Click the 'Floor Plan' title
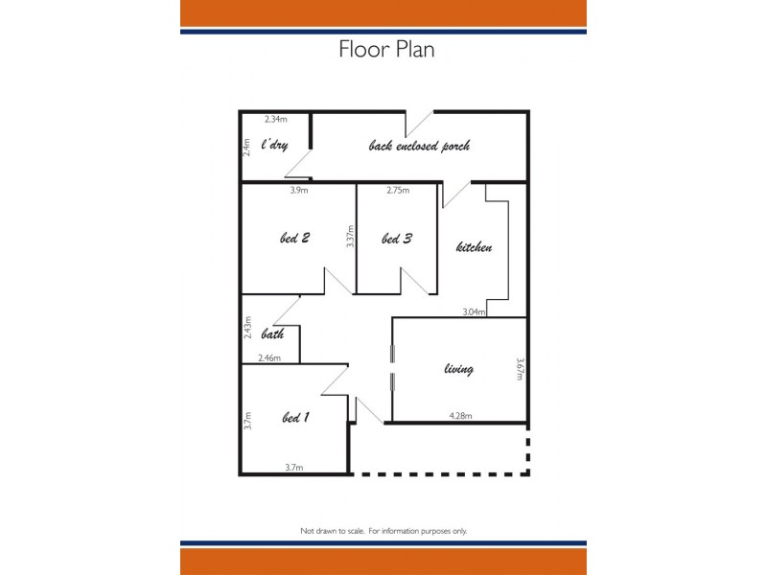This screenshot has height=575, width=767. pyautogui.click(x=386, y=50)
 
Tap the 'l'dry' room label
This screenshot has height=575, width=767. pyautogui.click(x=274, y=147)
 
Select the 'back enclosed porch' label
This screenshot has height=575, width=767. pyautogui.click(x=419, y=147)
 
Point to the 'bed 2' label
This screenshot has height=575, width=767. pyautogui.click(x=294, y=239)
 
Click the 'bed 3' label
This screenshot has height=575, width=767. pyautogui.click(x=396, y=239)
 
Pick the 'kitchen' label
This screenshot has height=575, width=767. pyautogui.click(x=474, y=247)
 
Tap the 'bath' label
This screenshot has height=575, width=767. pyautogui.click(x=272, y=334)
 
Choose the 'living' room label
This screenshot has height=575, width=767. pyautogui.click(x=458, y=369)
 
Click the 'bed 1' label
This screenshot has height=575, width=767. pyautogui.click(x=295, y=417)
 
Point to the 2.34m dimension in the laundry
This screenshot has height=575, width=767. pyautogui.click(x=275, y=119)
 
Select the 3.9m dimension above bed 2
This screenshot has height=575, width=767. pyautogui.click(x=299, y=190)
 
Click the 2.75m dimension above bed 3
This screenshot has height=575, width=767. pyautogui.click(x=398, y=190)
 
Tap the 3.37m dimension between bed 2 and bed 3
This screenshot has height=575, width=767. pyautogui.click(x=351, y=237)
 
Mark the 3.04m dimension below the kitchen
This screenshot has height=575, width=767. pyautogui.click(x=474, y=311)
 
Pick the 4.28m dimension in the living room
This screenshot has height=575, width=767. pyautogui.click(x=461, y=415)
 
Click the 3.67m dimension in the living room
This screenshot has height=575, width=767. pyautogui.click(x=520, y=370)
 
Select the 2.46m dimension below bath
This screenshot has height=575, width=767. pyautogui.click(x=269, y=357)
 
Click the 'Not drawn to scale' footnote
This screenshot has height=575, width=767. pyautogui.click(x=383, y=530)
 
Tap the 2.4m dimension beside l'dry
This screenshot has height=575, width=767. pyautogui.click(x=247, y=148)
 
